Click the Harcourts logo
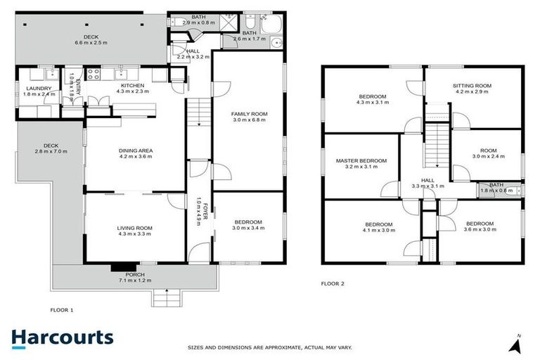pos(62,337)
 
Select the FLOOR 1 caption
pos(61,309)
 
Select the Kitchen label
pos(132,87)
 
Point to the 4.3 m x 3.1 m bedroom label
pos(373,99)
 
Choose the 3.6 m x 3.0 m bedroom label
pos(481,226)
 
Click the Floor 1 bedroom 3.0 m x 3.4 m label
pos(249,225)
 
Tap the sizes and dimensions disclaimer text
pos(270,347)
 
